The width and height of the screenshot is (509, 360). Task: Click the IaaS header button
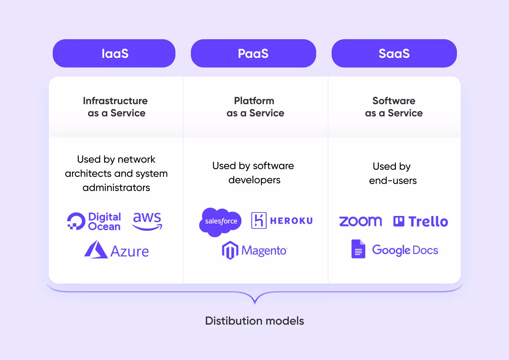114,53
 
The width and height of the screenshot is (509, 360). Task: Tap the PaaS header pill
253,53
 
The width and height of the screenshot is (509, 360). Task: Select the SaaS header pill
394,53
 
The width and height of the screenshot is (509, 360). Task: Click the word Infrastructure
115,101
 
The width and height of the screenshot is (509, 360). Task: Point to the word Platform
254,101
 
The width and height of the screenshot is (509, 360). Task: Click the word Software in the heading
394,101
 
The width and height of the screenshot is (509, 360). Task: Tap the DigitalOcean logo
94,221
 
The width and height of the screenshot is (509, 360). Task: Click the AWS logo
147,221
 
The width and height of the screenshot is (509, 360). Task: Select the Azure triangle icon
95,250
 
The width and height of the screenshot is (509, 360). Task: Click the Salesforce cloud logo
220,221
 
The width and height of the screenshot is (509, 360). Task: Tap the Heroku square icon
259,221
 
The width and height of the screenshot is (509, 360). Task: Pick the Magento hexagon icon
230,250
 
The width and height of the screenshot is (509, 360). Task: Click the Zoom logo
360,221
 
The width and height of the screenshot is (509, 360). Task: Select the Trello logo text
428,221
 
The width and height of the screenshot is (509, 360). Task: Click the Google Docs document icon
358,249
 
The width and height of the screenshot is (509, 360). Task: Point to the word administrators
116,187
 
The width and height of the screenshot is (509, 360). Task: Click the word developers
254,180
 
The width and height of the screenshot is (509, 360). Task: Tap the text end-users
393,180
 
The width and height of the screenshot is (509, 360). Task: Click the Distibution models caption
254,320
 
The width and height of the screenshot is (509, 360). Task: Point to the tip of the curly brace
255,303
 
